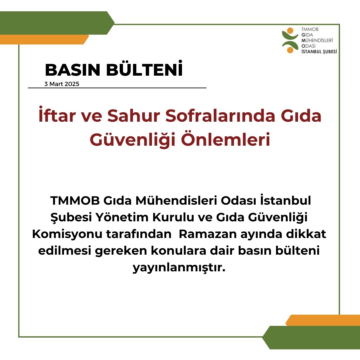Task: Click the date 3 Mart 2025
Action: [x=62, y=84]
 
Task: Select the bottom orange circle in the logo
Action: [x=290, y=50]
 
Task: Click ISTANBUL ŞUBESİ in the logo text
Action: [x=319, y=52]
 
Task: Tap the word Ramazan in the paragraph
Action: [x=208, y=234]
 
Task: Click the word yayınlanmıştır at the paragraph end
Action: [x=179, y=268]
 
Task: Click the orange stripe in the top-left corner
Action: [x=43, y=39]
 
